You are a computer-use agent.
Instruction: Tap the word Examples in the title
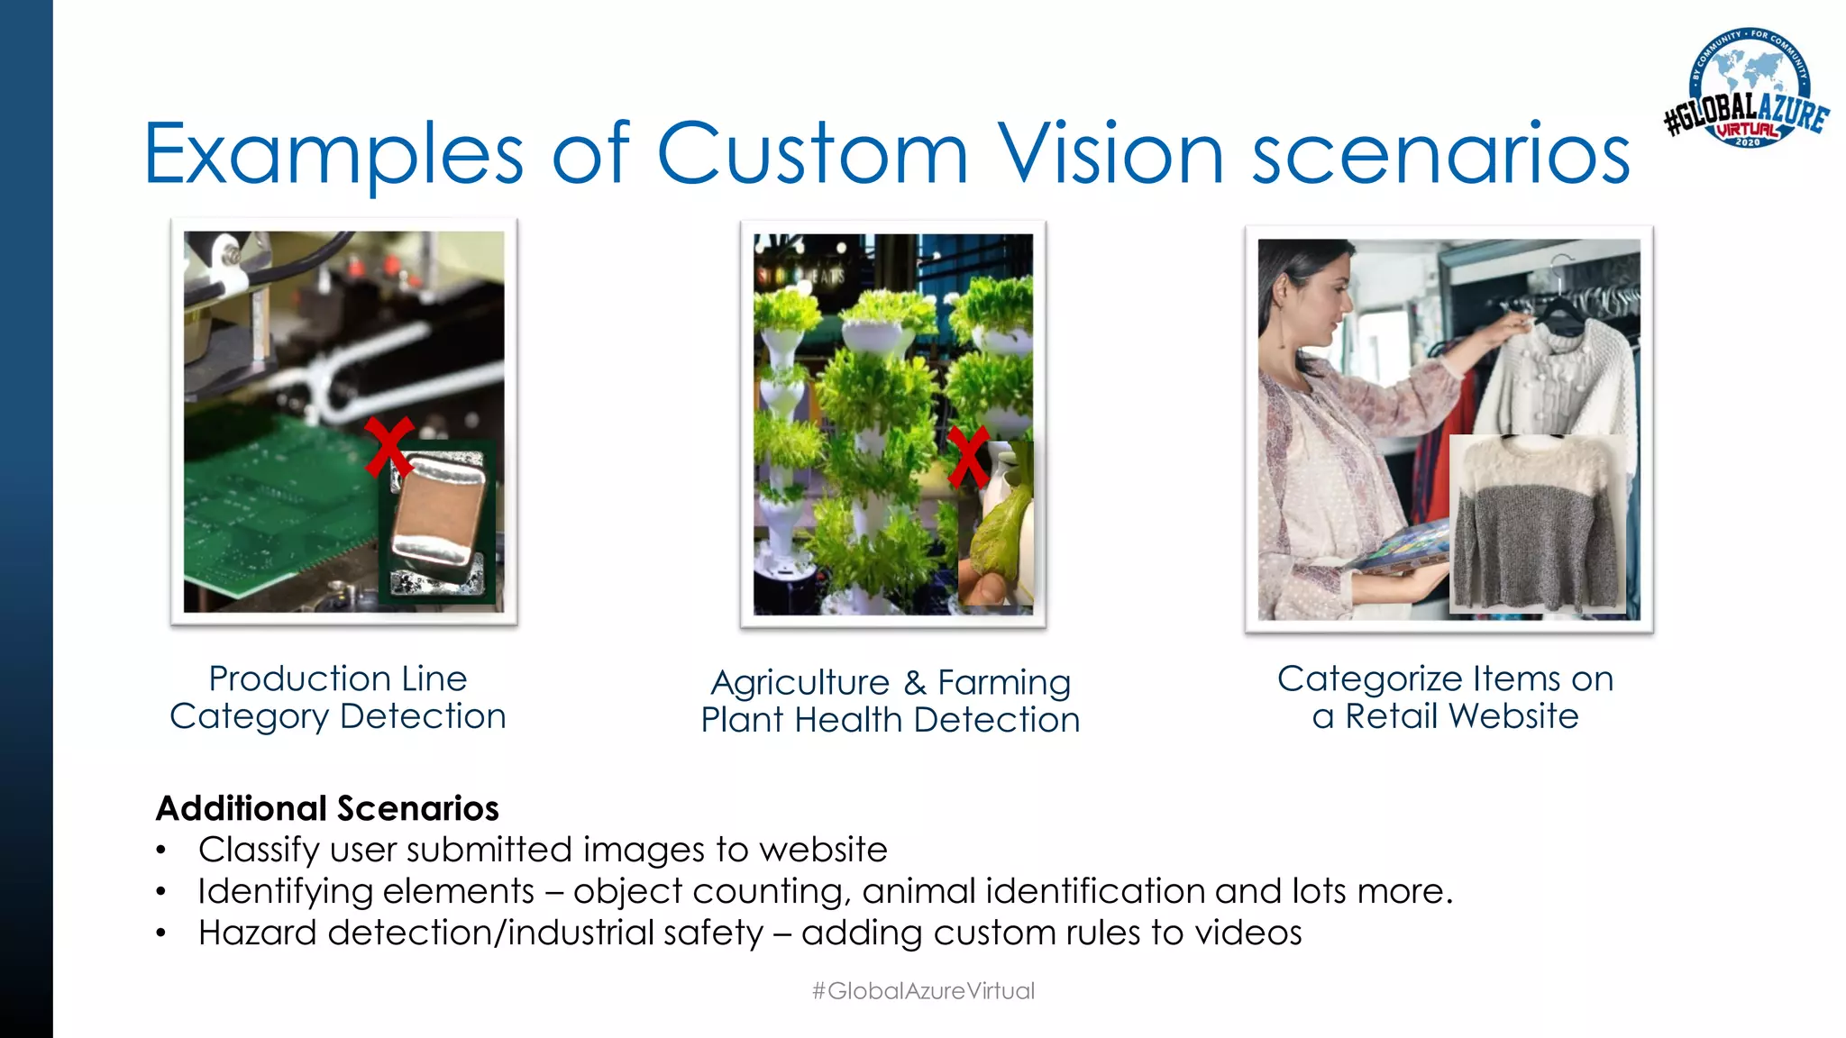pyautogui.click(x=334, y=155)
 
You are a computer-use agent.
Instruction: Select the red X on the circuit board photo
pyautogui.click(x=389, y=447)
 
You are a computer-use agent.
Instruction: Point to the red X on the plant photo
pyautogui.click(x=969, y=458)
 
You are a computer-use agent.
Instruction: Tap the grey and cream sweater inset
pyautogui.click(x=1536, y=523)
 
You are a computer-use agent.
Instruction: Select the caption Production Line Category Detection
pyautogui.click(x=338, y=697)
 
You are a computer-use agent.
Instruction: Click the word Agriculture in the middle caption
pyautogui.click(x=800, y=683)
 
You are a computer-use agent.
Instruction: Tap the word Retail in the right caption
pyautogui.click(x=1392, y=716)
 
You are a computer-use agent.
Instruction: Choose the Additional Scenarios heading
pyautogui.click(x=327, y=808)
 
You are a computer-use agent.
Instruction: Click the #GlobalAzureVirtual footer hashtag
pyautogui.click(x=923, y=991)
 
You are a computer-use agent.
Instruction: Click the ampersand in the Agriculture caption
pyautogui.click(x=914, y=683)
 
